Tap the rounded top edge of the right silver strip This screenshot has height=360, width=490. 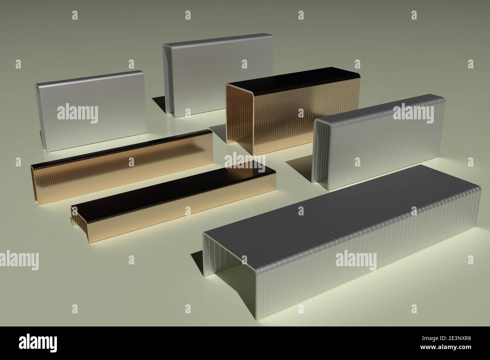pos(377,107)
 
